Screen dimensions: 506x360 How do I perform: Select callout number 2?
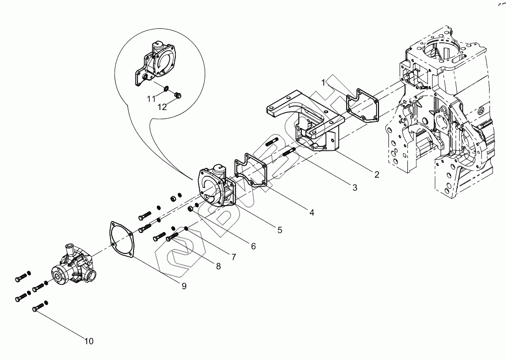click(x=377, y=174)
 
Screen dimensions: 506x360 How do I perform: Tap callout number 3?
click(x=354, y=187)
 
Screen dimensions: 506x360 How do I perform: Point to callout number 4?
click(x=311, y=212)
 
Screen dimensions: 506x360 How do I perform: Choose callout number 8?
click(x=218, y=266)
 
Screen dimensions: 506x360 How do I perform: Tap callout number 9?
click(x=184, y=286)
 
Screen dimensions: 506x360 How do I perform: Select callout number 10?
click(x=89, y=341)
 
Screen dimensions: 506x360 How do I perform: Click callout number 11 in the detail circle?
click(x=151, y=100)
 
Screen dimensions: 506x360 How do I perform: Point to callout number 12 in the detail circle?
click(x=162, y=107)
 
